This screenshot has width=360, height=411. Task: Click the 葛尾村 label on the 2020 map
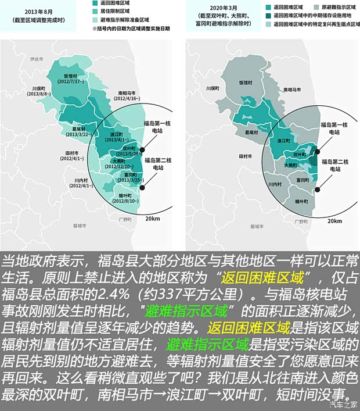251,133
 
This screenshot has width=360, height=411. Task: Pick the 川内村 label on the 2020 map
274,184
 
